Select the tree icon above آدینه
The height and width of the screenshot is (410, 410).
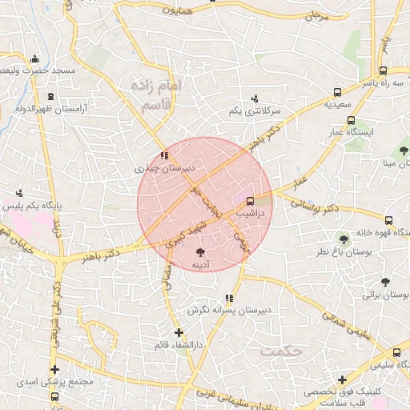[x=200, y=251]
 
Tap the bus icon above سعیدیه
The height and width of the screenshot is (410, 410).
[x=338, y=91]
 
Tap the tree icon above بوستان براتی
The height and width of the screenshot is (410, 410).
[x=385, y=282]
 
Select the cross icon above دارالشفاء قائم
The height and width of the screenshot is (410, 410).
[x=179, y=332]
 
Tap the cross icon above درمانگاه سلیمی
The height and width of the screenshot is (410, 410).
[x=342, y=379]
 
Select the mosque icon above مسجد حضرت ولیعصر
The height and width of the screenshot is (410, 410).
[x=34, y=59]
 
